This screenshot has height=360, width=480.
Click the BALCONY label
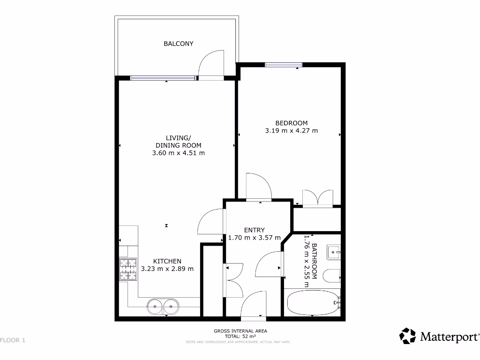[x=178, y=44]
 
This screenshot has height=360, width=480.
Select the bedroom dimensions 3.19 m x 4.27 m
[x=291, y=131]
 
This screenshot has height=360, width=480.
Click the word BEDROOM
[x=291, y=123]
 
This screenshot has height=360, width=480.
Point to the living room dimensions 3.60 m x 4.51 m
[x=178, y=153]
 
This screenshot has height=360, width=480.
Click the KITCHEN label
[x=167, y=261]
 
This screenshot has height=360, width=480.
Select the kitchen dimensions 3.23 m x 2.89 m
[x=167, y=269]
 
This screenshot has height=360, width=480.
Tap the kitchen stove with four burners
[x=128, y=270]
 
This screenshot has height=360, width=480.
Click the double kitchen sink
[x=164, y=307]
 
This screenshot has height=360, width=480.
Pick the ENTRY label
[x=255, y=230]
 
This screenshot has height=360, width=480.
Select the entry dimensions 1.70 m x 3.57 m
[x=255, y=238]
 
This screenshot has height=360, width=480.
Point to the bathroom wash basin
[x=335, y=252]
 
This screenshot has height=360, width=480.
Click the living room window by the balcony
[x=163, y=78]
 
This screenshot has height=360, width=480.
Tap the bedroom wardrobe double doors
[x=318, y=198]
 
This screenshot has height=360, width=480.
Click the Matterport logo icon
[x=407, y=336]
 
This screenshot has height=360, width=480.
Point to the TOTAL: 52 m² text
[x=240, y=337]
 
